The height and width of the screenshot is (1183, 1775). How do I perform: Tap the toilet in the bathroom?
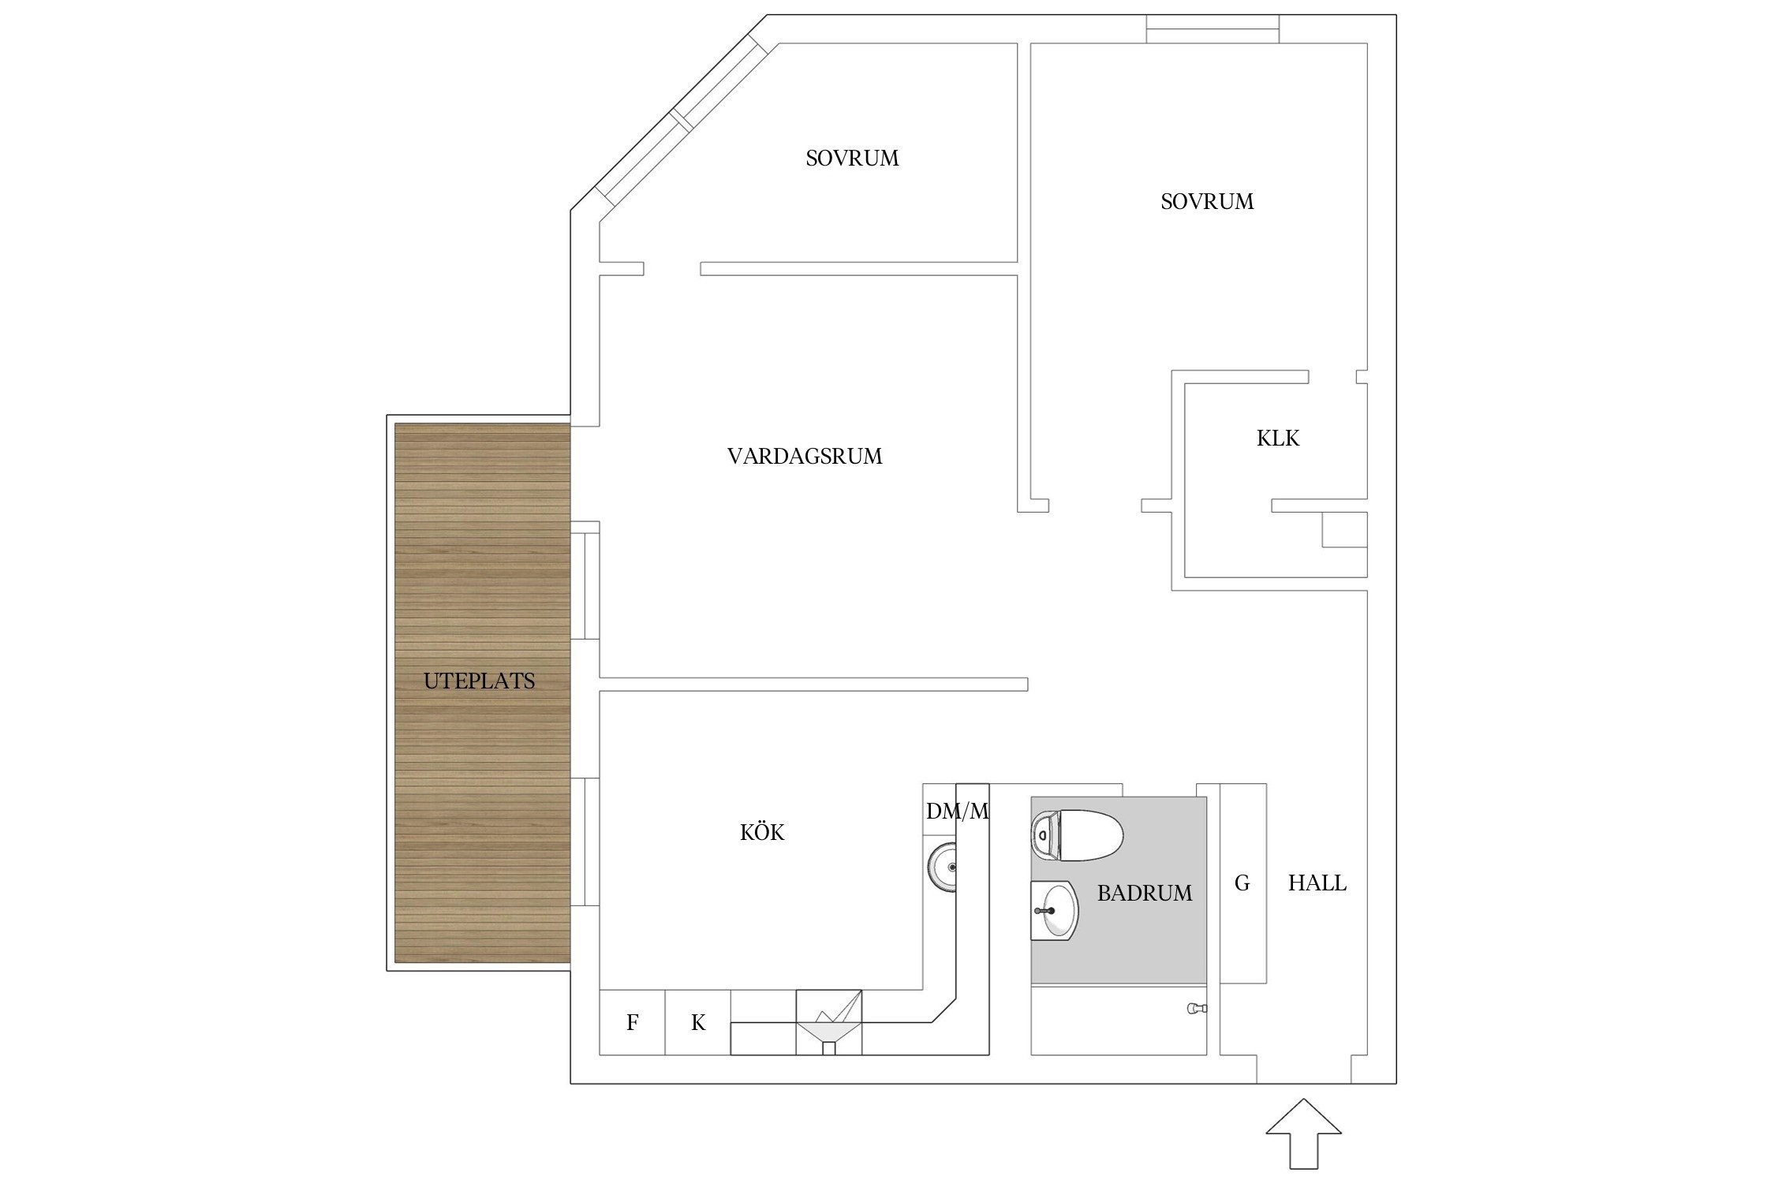tap(1078, 835)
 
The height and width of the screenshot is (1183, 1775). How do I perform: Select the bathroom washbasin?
tap(1054, 910)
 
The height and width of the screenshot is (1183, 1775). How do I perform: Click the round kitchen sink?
tap(942, 868)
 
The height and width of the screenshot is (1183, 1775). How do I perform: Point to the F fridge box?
tap(632, 1023)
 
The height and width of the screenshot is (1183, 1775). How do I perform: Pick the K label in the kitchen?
tap(698, 1023)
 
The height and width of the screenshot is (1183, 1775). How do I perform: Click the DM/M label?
tap(957, 811)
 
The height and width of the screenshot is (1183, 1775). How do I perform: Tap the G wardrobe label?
tap(1242, 883)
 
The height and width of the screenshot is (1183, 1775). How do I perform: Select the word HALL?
tap(1317, 883)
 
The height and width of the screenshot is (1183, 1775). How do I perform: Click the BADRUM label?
tap(1145, 894)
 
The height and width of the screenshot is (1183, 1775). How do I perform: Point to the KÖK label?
tap(762, 833)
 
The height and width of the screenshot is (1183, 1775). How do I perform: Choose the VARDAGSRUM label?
tap(805, 457)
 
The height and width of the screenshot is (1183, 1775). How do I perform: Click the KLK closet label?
tap(1278, 438)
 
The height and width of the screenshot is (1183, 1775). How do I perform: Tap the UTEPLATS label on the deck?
tap(479, 681)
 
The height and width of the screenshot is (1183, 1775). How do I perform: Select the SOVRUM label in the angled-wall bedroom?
tap(852, 159)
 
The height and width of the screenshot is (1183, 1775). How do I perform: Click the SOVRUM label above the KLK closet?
tap(1207, 202)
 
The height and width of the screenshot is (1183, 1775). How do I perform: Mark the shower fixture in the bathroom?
tap(1197, 1008)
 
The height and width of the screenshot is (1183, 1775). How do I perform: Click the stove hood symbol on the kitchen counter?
tap(828, 1022)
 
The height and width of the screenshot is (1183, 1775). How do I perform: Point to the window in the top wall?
tap(1213, 29)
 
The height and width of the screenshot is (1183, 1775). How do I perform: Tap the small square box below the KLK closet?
tap(1344, 529)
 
